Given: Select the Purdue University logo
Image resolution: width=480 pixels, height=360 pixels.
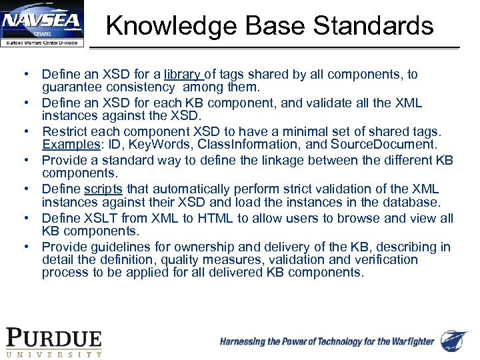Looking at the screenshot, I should [x=54, y=343].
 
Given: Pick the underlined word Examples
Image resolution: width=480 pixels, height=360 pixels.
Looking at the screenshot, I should [x=67, y=144].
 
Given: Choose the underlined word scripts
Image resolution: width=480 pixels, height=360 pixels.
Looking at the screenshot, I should [x=103, y=189].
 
